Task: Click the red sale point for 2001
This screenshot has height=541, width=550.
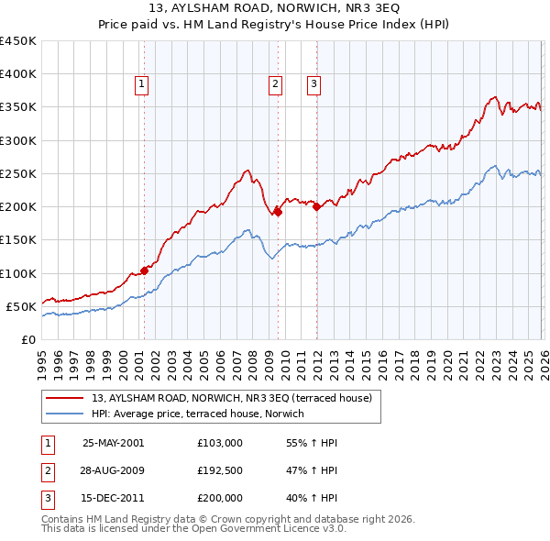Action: click(x=144, y=270)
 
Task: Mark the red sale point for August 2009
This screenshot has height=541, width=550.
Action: click(x=278, y=212)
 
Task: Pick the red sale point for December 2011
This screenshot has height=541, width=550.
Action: click(x=316, y=206)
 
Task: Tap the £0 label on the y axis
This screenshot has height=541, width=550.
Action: click(x=27, y=339)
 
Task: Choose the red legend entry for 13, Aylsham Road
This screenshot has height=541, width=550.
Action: click(x=231, y=398)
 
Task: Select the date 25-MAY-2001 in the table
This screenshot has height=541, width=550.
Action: click(x=113, y=442)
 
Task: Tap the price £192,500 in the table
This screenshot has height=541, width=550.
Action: click(x=219, y=470)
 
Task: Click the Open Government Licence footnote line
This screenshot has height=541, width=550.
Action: click(x=193, y=529)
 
